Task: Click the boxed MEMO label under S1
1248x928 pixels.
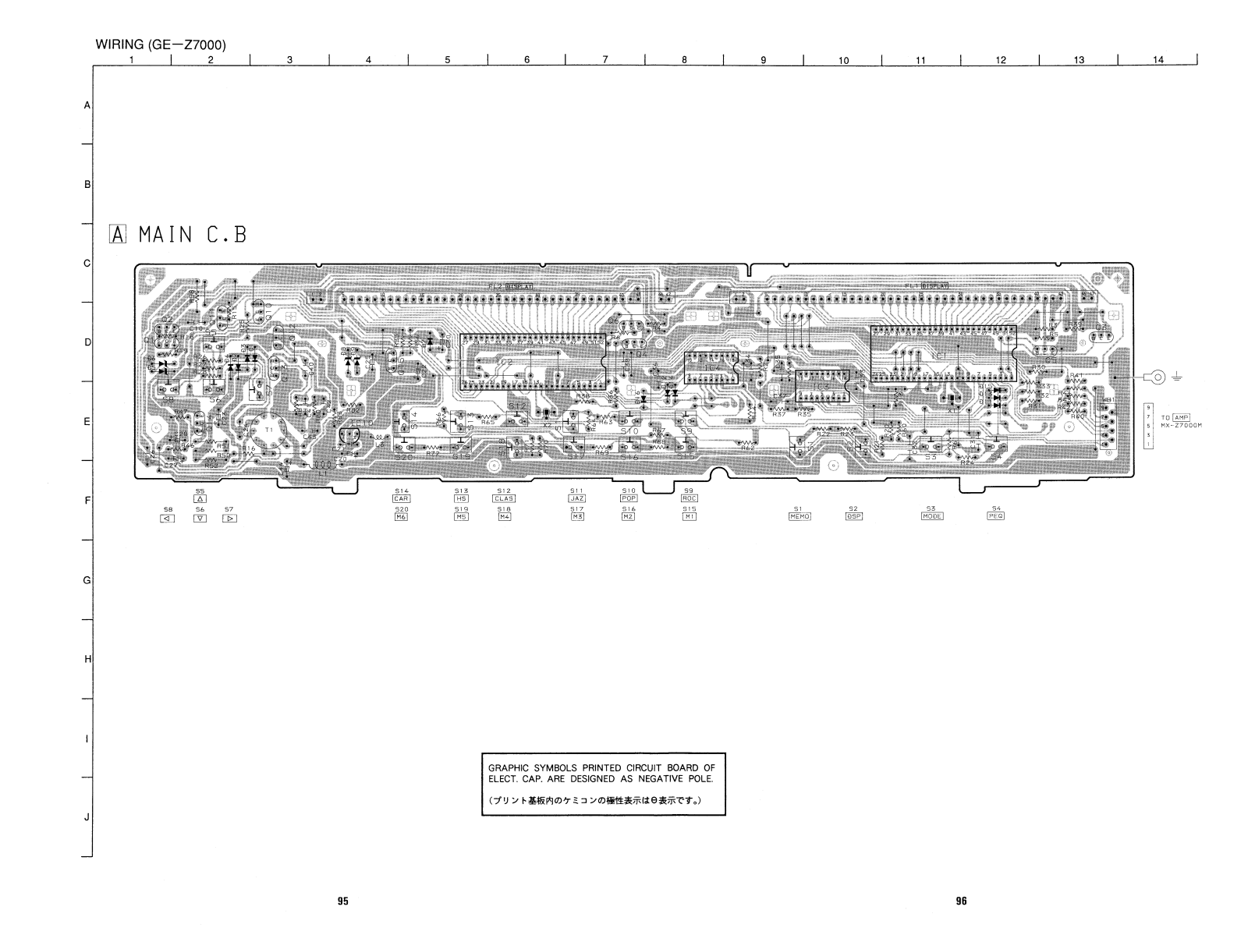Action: click(799, 516)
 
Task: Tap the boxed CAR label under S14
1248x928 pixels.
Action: click(402, 498)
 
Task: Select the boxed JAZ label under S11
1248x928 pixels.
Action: click(576, 498)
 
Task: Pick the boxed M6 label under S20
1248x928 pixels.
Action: click(402, 517)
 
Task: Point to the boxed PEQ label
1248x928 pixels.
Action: click(996, 516)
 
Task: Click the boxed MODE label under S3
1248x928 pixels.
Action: click(932, 516)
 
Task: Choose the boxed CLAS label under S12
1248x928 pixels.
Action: click(504, 498)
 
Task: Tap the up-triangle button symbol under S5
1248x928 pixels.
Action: click(200, 499)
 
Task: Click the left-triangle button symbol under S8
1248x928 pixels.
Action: click(167, 518)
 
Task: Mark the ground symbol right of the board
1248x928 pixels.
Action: click(1177, 378)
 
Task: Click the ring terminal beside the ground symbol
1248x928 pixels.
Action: click(1158, 378)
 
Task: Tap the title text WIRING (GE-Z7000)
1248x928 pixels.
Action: click(161, 44)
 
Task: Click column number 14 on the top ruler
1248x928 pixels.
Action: click(1158, 60)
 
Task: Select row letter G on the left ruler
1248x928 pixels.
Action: click(87, 581)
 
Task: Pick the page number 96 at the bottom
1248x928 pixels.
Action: click(961, 901)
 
